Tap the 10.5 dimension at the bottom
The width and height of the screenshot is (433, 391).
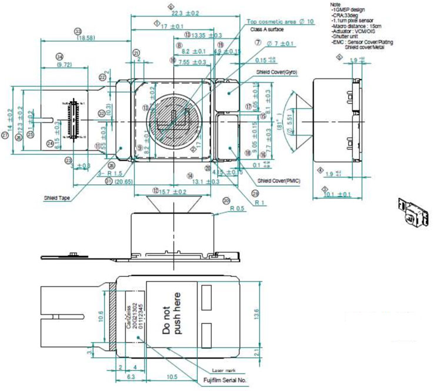point(172,377)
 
